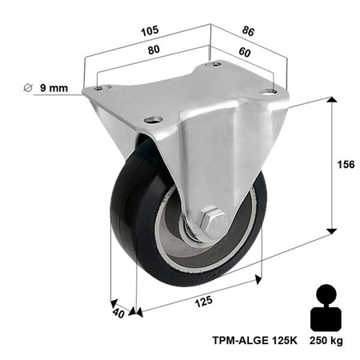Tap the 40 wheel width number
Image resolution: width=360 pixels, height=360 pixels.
117,314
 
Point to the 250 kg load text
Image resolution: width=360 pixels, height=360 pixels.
326,339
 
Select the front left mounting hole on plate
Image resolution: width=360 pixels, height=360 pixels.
149,121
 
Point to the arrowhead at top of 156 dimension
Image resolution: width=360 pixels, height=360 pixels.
328,101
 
